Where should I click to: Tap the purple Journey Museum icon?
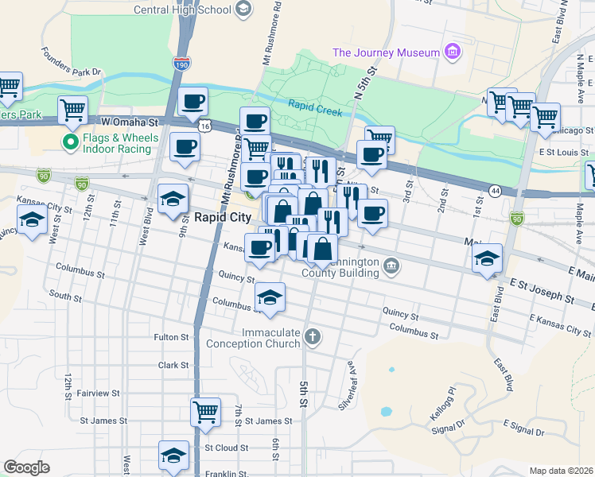(x=453, y=52)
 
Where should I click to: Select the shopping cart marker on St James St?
(x=205, y=412)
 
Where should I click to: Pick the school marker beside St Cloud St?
(x=173, y=455)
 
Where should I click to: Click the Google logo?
(x=25, y=467)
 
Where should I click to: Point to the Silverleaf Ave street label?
(x=347, y=386)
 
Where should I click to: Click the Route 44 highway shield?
(x=496, y=191)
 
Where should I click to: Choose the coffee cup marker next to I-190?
(x=193, y=102)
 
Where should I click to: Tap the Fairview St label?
(x=99, y=393)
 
